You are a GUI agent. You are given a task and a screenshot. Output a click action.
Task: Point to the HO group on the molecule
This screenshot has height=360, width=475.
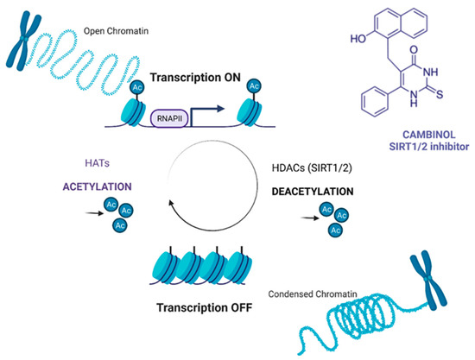click(337, 40)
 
